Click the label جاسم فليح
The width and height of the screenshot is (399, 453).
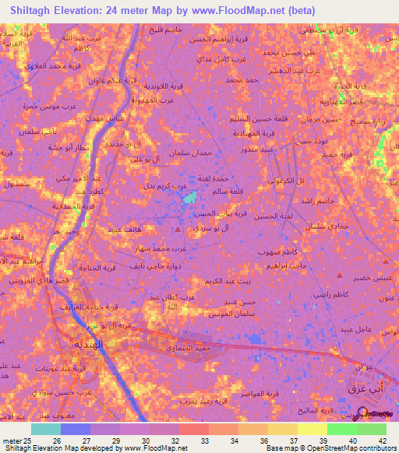coord(164,29)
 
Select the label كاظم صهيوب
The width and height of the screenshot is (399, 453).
coord(281,254)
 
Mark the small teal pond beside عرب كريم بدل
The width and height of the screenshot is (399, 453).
coord(189,201)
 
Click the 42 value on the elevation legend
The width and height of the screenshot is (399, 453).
coord(383,441)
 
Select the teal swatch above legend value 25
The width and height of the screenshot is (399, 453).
coord(46,429)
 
